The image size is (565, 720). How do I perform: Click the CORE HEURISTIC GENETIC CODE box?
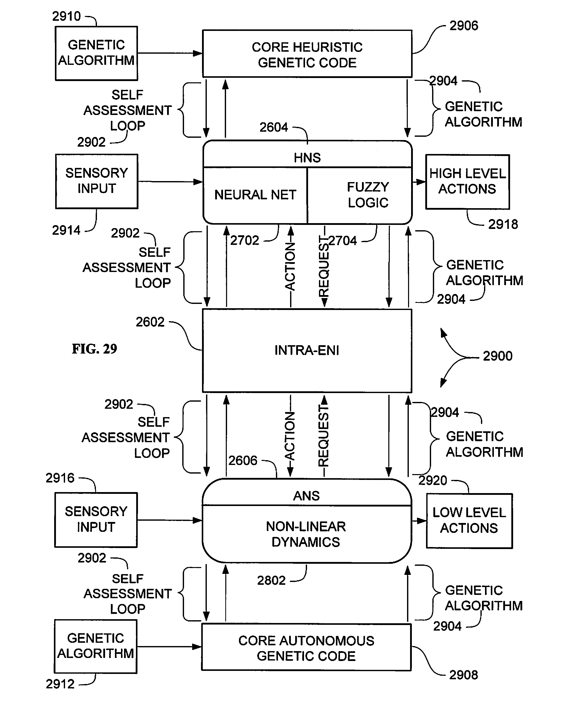pos(307,54)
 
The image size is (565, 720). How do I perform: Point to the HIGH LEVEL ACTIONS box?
pos(467,181)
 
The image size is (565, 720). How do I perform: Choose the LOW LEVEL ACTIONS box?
pos(469,520)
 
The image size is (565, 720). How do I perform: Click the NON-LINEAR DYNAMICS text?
pos(306,534)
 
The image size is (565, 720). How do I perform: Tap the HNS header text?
pos(307,158)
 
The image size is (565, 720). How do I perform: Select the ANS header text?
pos(306,496)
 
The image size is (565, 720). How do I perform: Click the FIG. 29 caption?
pos(95,349)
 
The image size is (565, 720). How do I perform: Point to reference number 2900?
pos(497,356)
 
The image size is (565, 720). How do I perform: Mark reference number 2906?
pos(464,26)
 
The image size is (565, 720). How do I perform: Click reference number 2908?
pos(463,675)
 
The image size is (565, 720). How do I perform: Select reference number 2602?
pos(150,322)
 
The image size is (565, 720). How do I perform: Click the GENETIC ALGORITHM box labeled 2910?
pos(96,53)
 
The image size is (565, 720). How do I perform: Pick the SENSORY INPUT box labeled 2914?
pos(97,181)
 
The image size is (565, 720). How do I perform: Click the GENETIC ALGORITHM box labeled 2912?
pos(96,646)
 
